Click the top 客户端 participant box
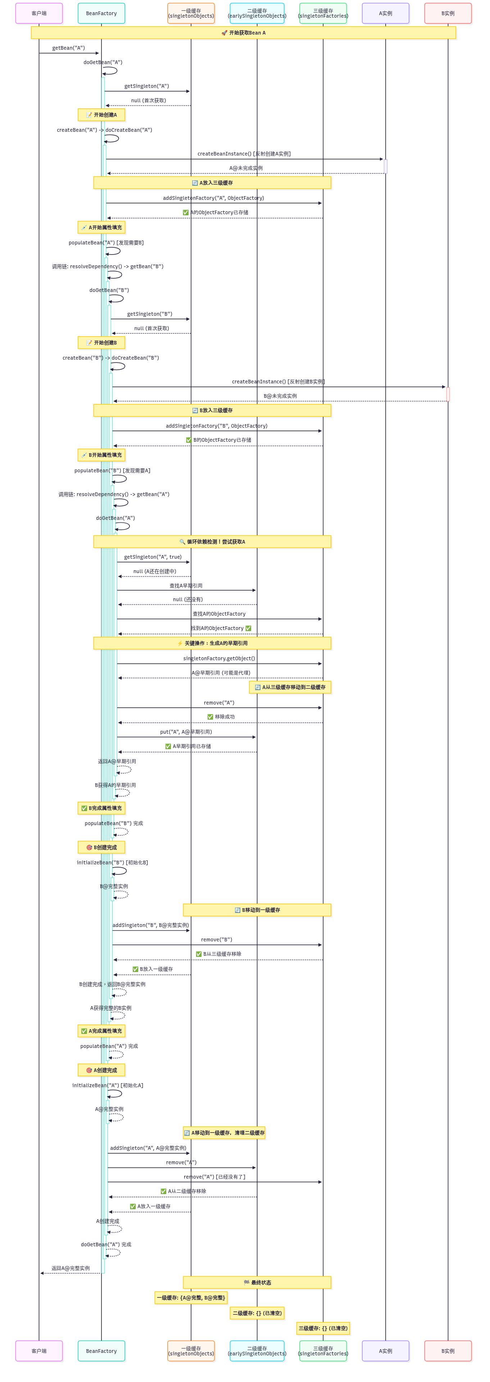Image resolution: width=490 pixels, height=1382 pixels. pyautogui.click(x=38, y=13)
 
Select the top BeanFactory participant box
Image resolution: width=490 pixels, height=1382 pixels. pyautogui.click(x=101, y=13)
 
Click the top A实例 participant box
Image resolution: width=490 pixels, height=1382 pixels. pyautogui.click(x=385, y=13)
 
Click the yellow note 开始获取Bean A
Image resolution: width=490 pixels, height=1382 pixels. pyautogui.click(x=244, y=33)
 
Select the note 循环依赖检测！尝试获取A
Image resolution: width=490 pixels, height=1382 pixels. pyautogui.click(x=212, y=541)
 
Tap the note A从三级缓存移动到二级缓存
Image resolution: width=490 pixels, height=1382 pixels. pyautogui.click(x=290, y=687)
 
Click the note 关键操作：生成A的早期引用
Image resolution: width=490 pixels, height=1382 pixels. pyautogui.click(x=212, y=643)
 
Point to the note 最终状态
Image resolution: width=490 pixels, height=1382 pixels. pyautogui.click(x=257, y=1282)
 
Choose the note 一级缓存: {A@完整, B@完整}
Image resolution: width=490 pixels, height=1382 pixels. pyautogui.click(x=191, y=1297)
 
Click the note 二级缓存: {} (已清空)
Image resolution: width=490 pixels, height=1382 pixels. pyautogui.click(x=257, y=1313)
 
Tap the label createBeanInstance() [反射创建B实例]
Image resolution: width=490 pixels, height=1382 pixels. pyautogui.click(x=278, y=382)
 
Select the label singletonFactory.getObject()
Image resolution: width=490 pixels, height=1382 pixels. pyautogui.click(x=219, y=658)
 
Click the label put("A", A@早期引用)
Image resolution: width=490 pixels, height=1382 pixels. pyautogui.click(x=186, y=732)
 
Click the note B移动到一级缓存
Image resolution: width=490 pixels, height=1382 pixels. pyautogui.click(x=257, y=910)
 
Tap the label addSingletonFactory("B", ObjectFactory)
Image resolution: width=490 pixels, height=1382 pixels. pyautogui.click(x=216, y=426)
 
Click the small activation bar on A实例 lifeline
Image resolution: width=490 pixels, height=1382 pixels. pyautogui.click(x=385, y=166)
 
